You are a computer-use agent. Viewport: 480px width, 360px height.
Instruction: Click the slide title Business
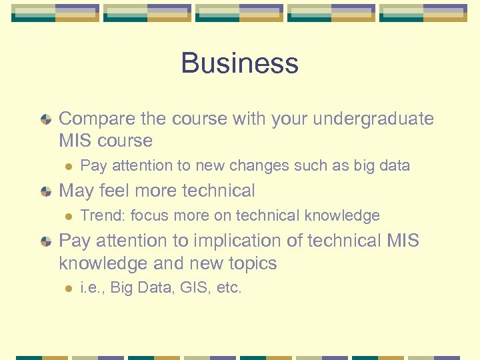click(x=239, y=63)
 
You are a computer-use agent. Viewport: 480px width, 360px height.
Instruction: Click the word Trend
click(x=103, y=215)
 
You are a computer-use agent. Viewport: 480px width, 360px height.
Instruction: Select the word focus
click(x=151, y=215)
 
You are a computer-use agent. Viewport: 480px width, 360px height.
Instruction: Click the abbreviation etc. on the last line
click(x=229, y=288)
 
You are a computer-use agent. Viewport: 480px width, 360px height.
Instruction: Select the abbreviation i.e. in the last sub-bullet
click(x=91, y=288)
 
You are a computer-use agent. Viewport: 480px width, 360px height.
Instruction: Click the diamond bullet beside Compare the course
click(x=45, y=119)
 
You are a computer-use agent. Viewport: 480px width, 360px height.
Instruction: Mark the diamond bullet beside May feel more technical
click(x=45, y=191)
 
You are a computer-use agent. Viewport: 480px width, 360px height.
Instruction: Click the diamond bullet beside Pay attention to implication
click(x=45, y=241)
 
